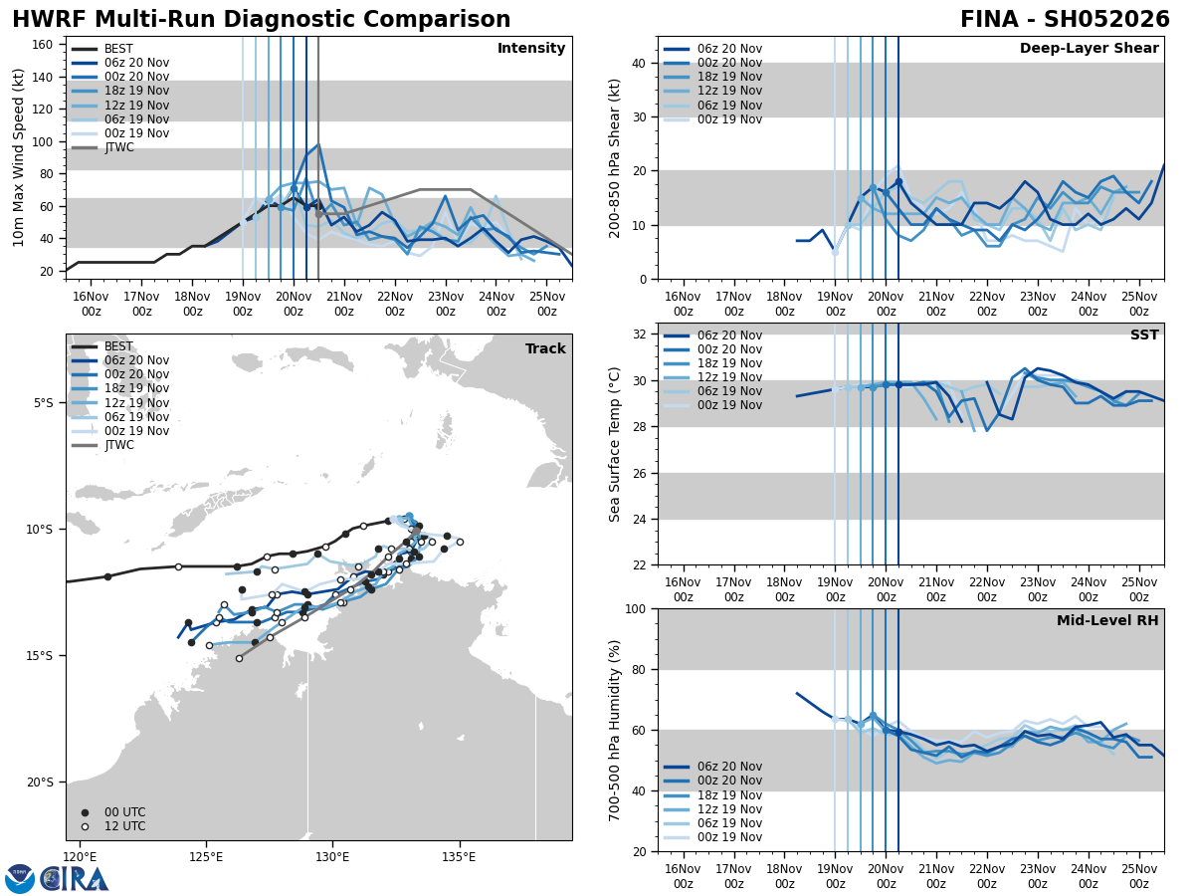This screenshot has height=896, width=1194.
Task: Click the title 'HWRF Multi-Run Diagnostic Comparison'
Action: (261, 20)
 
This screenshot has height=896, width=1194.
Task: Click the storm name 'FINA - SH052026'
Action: (1065, 20)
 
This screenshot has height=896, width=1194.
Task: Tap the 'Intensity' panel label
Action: (531, 49)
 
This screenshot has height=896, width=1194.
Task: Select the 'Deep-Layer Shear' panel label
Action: (1089, 49)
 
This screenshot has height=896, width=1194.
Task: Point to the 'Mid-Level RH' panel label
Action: (1107, 621)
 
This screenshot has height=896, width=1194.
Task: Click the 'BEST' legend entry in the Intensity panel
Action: (118, 49)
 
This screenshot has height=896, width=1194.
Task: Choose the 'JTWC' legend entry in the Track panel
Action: (118, 445)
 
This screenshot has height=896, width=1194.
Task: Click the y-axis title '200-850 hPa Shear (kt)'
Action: (615, 158)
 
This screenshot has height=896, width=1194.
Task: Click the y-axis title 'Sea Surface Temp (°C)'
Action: (615, 444)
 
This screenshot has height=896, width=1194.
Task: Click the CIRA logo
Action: (75, 879)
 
